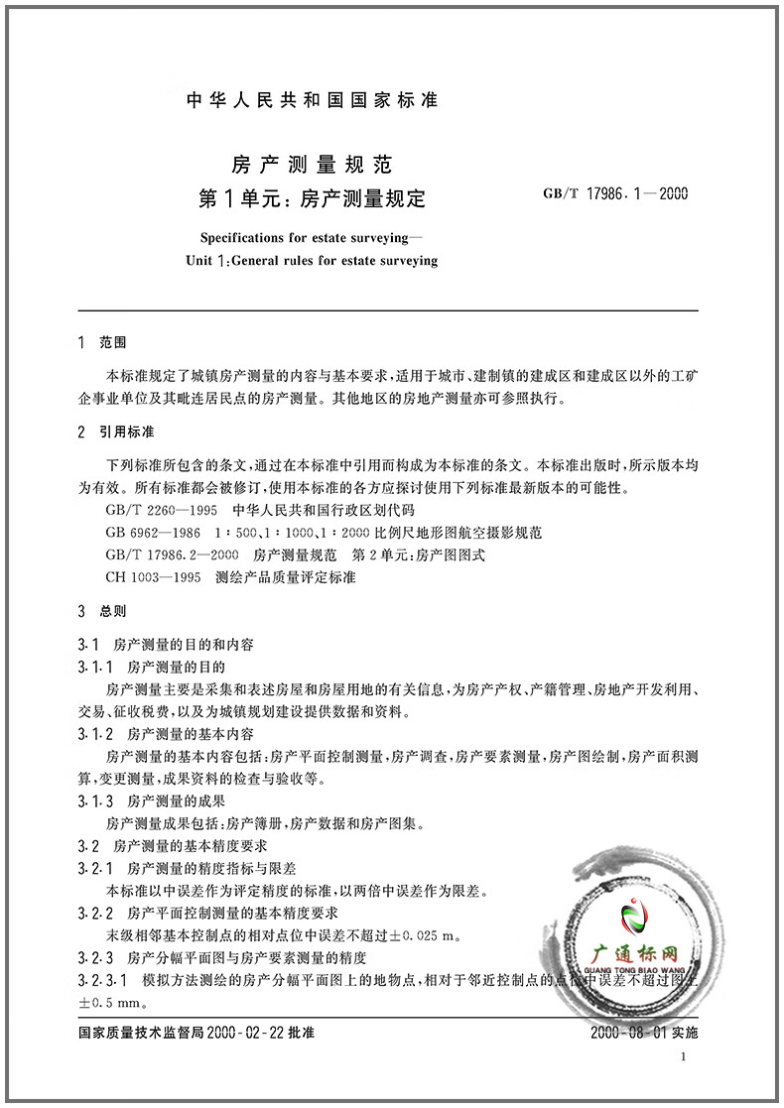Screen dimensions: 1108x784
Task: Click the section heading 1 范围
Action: (102, 342)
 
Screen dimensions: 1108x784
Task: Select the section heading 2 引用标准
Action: (116, 433)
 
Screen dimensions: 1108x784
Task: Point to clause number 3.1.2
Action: (97, 734)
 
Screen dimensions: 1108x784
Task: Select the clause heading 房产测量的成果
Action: (170, 800)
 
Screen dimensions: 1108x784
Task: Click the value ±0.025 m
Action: (416, 934)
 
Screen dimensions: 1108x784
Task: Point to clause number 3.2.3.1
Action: (102, 980)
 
